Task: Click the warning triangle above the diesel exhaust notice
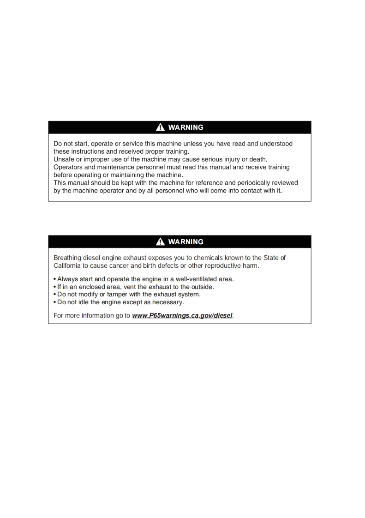point(160,241)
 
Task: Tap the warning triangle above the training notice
point(160,127)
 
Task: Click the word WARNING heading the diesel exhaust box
point(185,241)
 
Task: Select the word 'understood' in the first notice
point(276,144)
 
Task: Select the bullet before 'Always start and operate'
point(55,279)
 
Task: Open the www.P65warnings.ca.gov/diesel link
point(182,316)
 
